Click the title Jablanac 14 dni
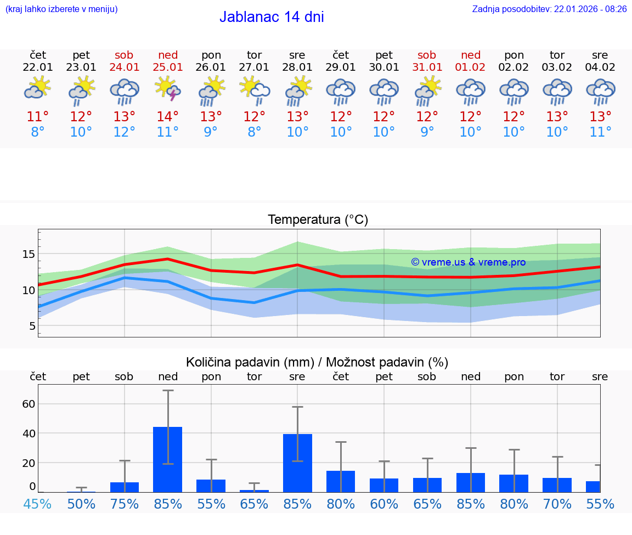click(272, 17)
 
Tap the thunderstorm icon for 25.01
click(168, 90)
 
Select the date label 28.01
click(297, 67)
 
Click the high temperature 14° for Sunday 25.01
click(168, 116)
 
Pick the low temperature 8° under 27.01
click(254, 132)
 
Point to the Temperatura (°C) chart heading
click(318, 220)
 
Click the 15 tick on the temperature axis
click(29, 254)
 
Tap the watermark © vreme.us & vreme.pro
click(468, 262)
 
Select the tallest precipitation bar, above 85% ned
click(168, 459)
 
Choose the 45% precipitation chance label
click(37, 504)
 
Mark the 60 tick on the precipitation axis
click(29, 404)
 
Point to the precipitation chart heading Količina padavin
click(317, 362)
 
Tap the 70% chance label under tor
click(557, 504)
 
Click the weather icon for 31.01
click(427, 90)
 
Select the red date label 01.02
click(470, 67)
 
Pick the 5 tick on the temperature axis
click(32, 326)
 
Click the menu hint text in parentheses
click(61, 9)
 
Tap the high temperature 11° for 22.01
click(38, 116)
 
